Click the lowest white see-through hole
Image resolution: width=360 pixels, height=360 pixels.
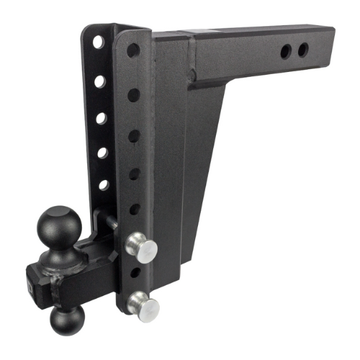102,184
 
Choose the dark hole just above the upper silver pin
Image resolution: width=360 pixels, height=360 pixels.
134,209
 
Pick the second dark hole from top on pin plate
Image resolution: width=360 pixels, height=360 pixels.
132,94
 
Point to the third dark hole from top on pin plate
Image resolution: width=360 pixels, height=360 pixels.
133,135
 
